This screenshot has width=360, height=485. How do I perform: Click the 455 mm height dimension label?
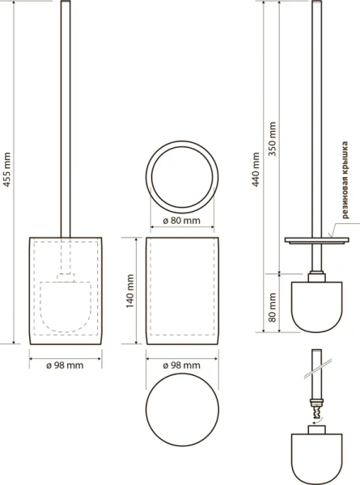coord(6,170)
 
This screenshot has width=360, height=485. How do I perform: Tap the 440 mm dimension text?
coord(256,169)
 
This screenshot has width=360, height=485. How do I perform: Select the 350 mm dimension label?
coord(273,139)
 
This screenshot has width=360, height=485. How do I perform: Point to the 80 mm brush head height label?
coord(273,308)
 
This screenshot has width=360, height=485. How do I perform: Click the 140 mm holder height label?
coord(130,291)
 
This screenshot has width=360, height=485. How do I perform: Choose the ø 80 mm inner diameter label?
coord(182,221)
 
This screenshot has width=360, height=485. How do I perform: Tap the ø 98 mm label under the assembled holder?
coord(65,365)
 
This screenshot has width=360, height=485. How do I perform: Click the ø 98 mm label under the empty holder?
coord(182,365)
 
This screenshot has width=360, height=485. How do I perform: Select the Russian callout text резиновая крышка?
coord(345,180)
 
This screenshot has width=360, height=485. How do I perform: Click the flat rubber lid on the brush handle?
coord(316,240)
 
